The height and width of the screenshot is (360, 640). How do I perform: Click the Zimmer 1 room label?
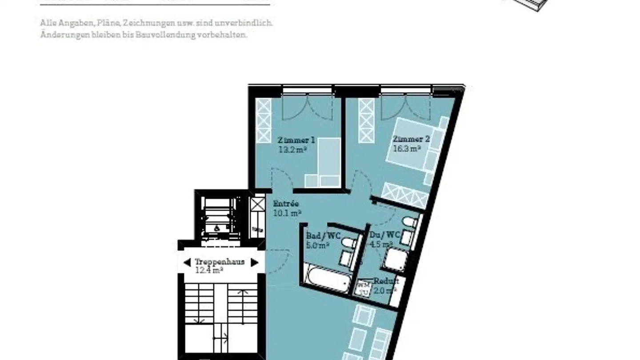pos(296,140)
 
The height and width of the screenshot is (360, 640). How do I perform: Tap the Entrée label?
pos(286,204)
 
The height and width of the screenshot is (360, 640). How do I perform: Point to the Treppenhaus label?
pos(220,262)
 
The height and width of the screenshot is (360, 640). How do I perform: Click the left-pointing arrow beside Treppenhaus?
pos(187,262)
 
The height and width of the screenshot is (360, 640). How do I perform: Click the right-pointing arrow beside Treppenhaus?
pos(254,262)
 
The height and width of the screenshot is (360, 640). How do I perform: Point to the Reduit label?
pos(386,281)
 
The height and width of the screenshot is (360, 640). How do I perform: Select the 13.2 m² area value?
pos(292,150)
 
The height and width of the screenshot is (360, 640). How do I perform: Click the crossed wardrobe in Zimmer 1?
pos(264,120)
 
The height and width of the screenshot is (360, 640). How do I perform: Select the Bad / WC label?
pos(323,236)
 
